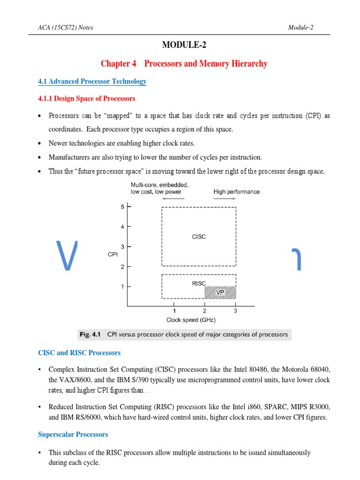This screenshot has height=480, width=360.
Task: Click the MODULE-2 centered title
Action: point(184,45)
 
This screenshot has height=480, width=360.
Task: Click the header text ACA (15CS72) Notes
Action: point(65,27)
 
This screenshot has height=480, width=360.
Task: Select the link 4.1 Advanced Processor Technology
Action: point(92,82)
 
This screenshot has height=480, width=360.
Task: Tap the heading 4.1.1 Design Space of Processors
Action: point(86,98)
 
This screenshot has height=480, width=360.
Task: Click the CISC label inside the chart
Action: point(199,237)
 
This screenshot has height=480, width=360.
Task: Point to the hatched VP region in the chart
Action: point(220,292)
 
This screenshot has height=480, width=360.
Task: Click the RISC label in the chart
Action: point(199,283)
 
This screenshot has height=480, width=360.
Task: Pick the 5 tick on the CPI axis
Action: point(122,207)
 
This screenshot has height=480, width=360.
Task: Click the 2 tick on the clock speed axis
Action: point(204,311)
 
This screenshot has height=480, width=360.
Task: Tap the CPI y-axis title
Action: point(112,254)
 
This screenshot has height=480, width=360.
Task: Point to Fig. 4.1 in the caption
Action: point(90,335)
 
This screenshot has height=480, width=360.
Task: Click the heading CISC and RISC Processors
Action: point(79,352)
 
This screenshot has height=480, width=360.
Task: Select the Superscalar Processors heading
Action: point(73,435)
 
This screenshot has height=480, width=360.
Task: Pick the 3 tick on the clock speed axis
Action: point(235,311)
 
